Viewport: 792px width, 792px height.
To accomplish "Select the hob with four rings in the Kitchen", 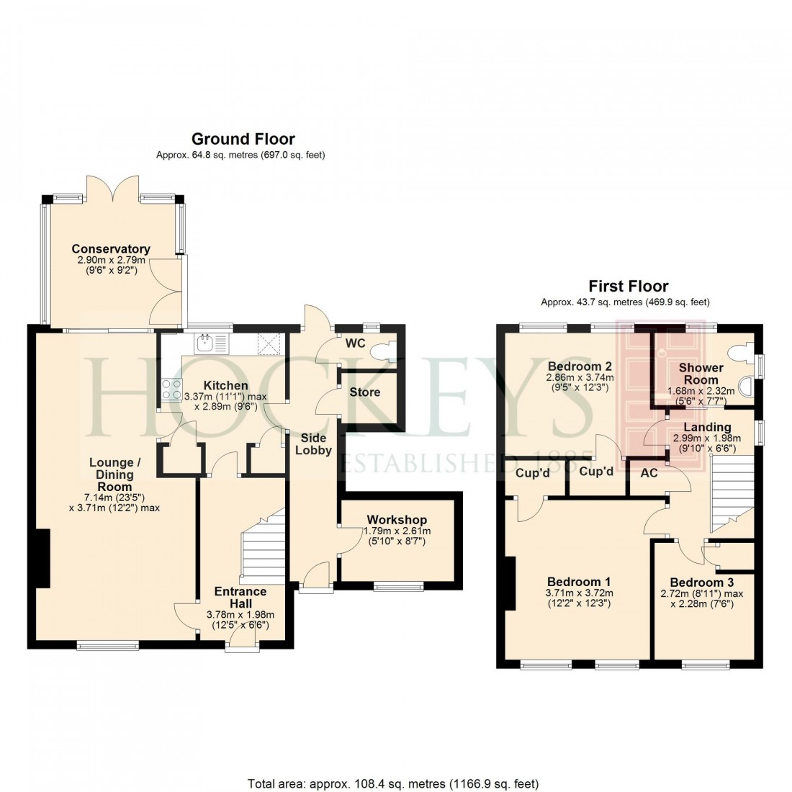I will (x=173, y=390).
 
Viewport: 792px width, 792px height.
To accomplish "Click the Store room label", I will (x=364, y=392).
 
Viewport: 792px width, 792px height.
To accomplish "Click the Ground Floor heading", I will (x=243, y=139).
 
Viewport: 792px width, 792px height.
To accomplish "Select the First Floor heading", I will (x=628, y=287).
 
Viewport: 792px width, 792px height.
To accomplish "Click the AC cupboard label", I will (x=648, y=473).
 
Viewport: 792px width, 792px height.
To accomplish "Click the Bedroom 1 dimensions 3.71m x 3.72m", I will (x=579, y=593).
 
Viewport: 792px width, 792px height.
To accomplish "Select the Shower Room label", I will (x=701, y=374).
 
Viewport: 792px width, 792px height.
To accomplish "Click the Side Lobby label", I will (x=313, y=444).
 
